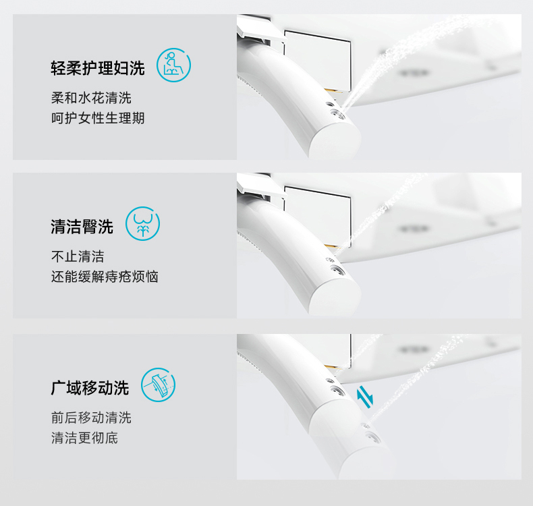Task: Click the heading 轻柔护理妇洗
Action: (98, 68)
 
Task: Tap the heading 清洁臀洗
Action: (82, 227)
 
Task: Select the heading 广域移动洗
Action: (90, 388)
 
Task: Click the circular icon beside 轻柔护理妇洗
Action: (173, 65)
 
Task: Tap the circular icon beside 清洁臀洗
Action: (143, 223)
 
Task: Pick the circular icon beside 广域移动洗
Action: (159, 385)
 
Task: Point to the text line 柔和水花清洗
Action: (91, 98)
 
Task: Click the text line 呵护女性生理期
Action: (98, 118)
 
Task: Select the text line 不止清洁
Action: (78, 256)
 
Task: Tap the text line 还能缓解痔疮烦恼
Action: (105, 277)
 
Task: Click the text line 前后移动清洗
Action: (91, 418)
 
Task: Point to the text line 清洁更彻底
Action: (84, 438)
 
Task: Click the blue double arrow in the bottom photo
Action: (365, 397)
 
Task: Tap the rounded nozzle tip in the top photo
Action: (335, 140)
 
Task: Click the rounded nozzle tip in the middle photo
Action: (335, 298)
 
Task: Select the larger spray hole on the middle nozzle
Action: (338, 271)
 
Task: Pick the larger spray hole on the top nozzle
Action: (338, 113)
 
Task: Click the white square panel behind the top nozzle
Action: (318, 61)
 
